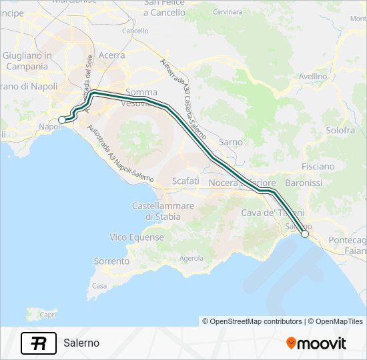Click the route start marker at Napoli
[x=62, y=119]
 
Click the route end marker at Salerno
[x=305, y=234]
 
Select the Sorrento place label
[x=111, y=261]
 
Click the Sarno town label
[x=231, y=142]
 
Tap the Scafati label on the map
[x=185, y=181]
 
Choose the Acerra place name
[x=111, y=55]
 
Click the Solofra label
[x=340, y=131]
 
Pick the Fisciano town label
[x=318, y=166]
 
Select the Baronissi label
[x=303, y=182]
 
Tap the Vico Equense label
[x=137, y=237]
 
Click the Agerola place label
[x=192, y=258]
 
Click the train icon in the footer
[x=39, y=343]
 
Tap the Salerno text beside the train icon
[x=81, y=343]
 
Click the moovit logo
[x=316, y=343]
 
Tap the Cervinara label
[x=229, y=12]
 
